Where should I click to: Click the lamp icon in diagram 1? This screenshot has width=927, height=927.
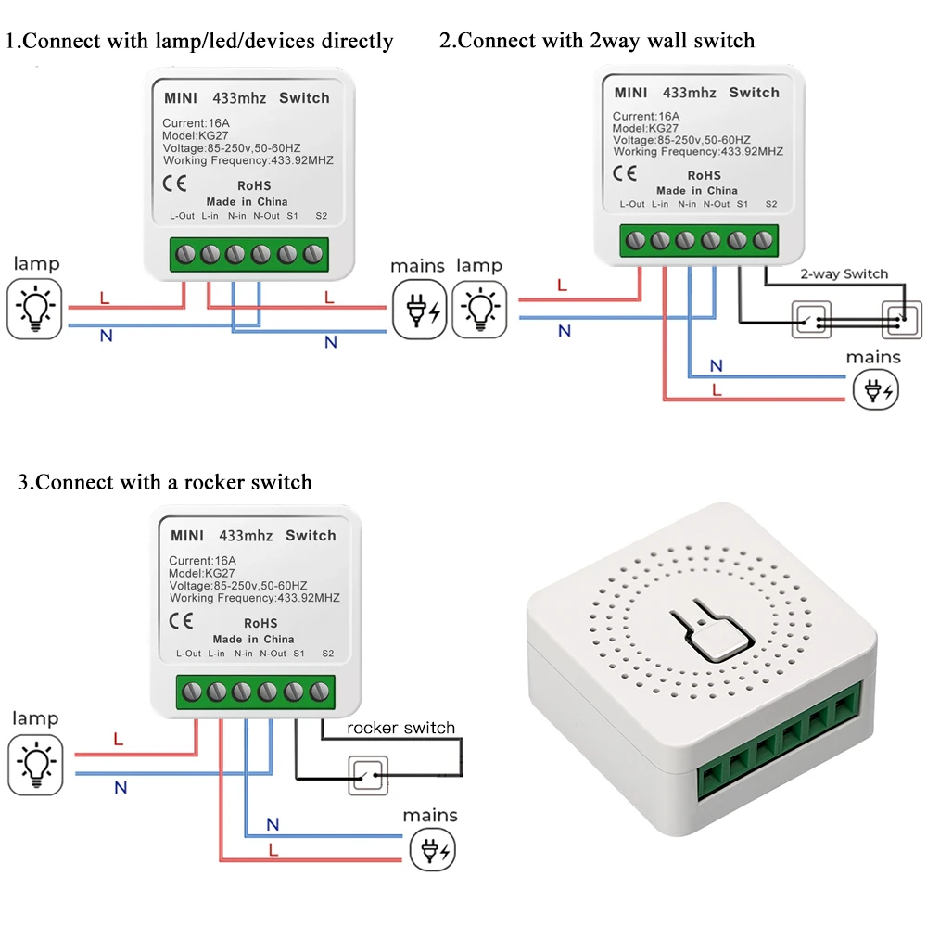pyautogui.click(x=34, y=309)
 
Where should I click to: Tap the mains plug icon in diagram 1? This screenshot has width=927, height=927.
pyautogui.click(x=420, y=310)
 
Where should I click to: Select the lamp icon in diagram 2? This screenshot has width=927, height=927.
pyautogui.click(x=479, y=310)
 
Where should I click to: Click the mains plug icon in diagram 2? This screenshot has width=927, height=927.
pyautogui.click(x=876, y=389)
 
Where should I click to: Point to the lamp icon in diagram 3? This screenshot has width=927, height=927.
pyautogui.click(x=35, y=765)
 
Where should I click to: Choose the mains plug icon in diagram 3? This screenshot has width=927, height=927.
pyautogui.click(x=433, y=849)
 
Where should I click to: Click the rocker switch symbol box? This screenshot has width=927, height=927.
pyautogui.click(x=368, y=775)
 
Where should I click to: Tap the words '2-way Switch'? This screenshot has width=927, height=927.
pyautogui.click(x=844, y=273)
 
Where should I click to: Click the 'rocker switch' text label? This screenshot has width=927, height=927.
pyautogui.click(x=400, y=728)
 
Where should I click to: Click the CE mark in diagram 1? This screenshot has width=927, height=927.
pyautogui.click(x=175, y=184)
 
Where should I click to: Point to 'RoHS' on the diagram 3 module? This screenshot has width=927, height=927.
pyautogui.click(x=260, y=623)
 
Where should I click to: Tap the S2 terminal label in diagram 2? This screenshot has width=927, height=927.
pyautogui.click(x=771, y=204)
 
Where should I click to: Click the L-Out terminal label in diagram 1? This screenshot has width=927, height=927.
pyautogui.click(x=182, y=216)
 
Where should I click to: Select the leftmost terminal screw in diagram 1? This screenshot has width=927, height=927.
pyautogui.click(x=185, y=255)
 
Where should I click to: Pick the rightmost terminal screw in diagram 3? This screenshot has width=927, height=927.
pyautogui.click(x=319, y=692)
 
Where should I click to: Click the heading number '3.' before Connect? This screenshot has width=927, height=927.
pyautogui.click(x=26, y=482)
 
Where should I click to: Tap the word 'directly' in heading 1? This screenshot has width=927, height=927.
pyautogui.click(x=357, y=42)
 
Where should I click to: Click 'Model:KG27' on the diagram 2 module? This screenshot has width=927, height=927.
pyautogui.click(x=645, y=128)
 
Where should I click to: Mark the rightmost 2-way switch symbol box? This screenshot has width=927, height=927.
pyautogui.click(x=902, y=320)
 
